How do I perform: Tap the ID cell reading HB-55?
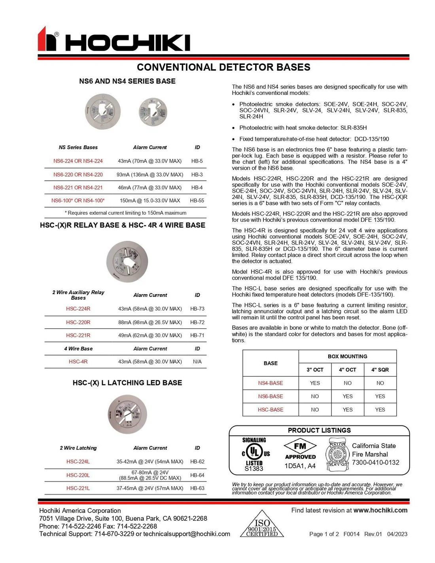[197, 200]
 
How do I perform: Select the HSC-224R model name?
[78, 309]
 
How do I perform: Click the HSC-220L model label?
[78, 475]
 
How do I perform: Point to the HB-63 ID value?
[197, 488]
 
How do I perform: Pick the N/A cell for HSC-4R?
[197, 362]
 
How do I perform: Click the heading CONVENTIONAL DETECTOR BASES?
[223, 67]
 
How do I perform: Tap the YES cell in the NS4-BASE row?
[315, 383]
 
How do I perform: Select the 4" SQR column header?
[380, 370]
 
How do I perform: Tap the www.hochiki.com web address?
[380, 510]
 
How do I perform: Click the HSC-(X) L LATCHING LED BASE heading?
[127, 383]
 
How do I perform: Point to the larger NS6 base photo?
[103, 111]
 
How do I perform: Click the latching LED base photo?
[127, 414]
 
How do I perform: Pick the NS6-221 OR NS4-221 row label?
[78, 188]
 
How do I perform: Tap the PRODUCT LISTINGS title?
[319, 430]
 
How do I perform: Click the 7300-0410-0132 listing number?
[375, 463]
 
